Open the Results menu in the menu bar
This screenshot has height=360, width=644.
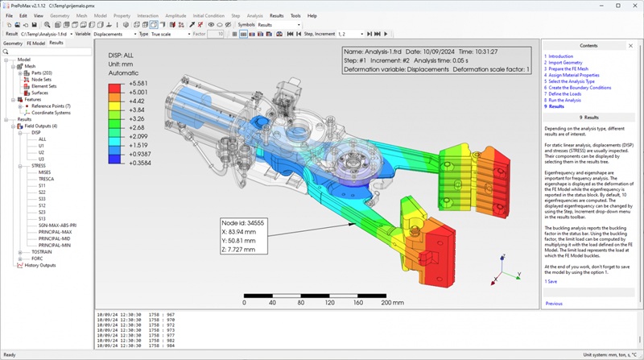[276, 15]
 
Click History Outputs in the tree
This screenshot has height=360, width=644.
[40, 265]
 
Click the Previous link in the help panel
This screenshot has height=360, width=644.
[554, 304]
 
